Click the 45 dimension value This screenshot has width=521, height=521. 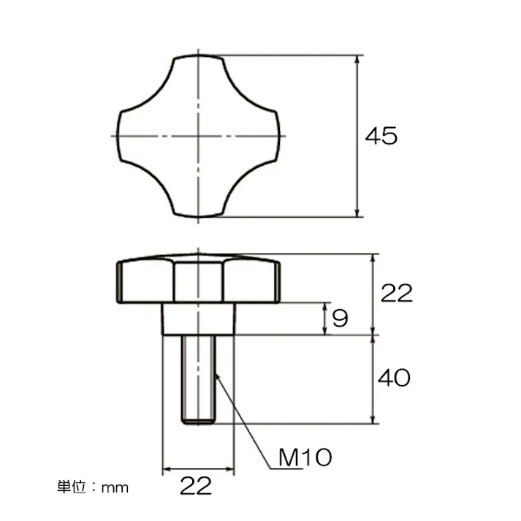(381, 136)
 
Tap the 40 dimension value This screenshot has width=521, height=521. (393, 378)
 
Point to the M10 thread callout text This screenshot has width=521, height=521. (305, 458)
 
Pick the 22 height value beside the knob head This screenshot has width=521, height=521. (397, 293)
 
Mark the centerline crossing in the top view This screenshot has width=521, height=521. (198, 136)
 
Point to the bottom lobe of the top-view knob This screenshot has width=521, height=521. (198, 205)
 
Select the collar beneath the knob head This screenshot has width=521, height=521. (198, 319)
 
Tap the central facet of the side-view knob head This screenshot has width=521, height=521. (198, 281)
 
